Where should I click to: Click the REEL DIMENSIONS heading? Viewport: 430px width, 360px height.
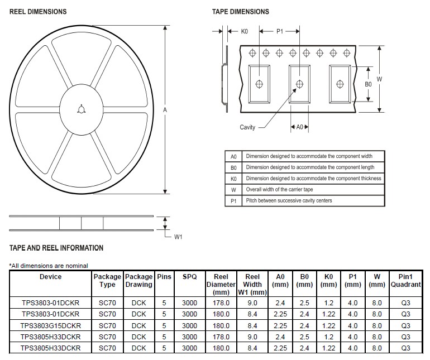tap(38, 12)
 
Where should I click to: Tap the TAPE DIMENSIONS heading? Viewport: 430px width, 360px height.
tap(240, 12)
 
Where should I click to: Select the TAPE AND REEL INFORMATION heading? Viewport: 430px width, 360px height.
tap(56, 248)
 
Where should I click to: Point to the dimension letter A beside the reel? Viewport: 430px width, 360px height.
tap(165, 111)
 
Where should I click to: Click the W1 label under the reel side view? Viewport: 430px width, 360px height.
tap(178, 237)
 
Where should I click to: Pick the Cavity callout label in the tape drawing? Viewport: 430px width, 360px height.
tap(247, 127)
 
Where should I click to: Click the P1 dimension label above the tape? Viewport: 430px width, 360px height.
tap(280, 32)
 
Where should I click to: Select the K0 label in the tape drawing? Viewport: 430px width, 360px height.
tap(244, 32)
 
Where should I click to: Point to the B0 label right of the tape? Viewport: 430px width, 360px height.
tap(368, 84)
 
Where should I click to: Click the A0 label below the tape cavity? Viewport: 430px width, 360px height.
tap(299, 127)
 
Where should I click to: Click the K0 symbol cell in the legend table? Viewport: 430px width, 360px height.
tap(233, 179)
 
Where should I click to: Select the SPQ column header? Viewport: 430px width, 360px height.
tap(189, 277)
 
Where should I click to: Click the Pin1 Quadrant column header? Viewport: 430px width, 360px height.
tap(405, 281)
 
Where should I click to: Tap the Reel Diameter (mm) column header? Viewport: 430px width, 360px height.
tap(221, 284)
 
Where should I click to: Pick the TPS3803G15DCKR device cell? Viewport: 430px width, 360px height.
tap(50, 325)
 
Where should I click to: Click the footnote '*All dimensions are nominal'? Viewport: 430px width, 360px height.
tap(49, 266)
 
